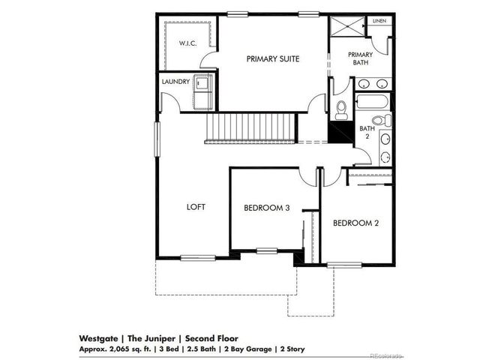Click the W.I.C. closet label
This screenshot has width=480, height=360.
[x=187, y=44]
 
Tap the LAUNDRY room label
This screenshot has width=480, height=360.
[x=175, y=81]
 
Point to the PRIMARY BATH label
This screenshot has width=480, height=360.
[x=361, y=58]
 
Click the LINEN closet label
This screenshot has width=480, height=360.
[x=380, y=21]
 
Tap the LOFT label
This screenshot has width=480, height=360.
[x=196, y=207]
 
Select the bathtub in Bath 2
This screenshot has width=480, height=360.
[x=372, y=102]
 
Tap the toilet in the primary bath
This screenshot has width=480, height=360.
[x=341, y=110]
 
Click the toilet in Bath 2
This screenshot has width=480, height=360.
[x=379, y=120]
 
